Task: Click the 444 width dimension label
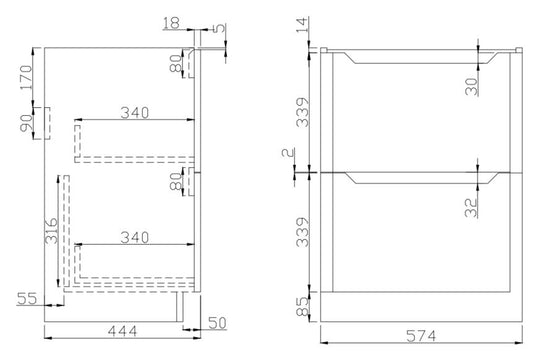122,330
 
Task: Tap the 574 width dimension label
421,336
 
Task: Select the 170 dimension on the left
26,78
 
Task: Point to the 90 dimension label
26,123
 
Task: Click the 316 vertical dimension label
51,231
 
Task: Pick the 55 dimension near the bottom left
27,299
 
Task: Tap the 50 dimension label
217,323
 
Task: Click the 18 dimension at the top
171,23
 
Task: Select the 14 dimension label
303,25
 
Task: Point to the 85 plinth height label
302,307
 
